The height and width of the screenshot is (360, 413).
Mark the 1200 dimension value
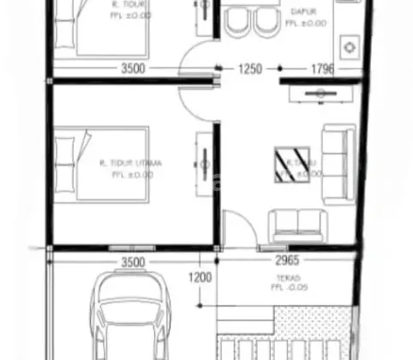coord(199,278)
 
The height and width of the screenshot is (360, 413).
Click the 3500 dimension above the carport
coord(133,261)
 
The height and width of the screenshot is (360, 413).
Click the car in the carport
coord(131,317)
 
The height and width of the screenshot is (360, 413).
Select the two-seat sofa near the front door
coord(296,225)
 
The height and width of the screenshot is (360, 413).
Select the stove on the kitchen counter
coord(350,45)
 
